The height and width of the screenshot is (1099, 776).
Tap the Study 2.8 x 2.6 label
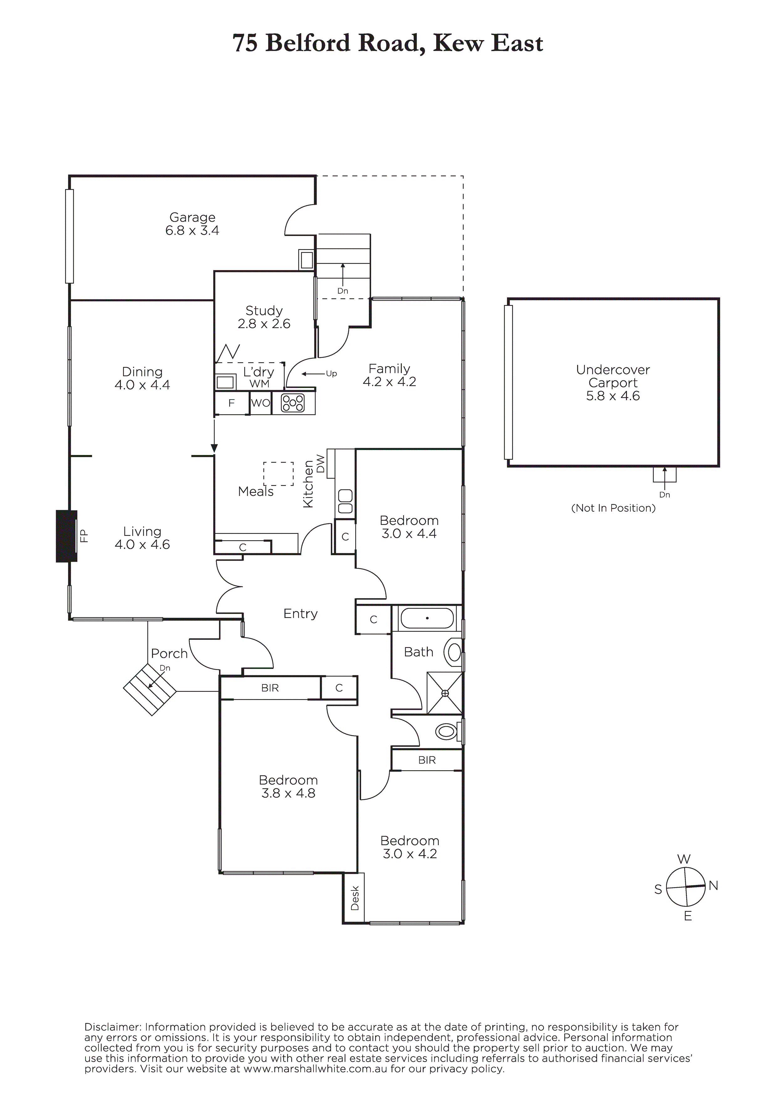264,317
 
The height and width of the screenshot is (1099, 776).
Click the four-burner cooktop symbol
293,403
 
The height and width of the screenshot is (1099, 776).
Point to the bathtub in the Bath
427,618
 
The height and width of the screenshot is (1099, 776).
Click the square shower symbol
445,693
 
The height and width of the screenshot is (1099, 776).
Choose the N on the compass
713,886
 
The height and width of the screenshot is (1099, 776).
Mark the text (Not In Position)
613,508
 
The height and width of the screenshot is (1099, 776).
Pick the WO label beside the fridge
260,403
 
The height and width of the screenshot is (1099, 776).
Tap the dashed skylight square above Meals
278,474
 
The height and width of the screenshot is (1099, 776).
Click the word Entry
300,614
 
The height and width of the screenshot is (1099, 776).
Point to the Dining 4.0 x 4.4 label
142,378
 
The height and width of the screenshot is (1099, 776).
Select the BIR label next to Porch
270,688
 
